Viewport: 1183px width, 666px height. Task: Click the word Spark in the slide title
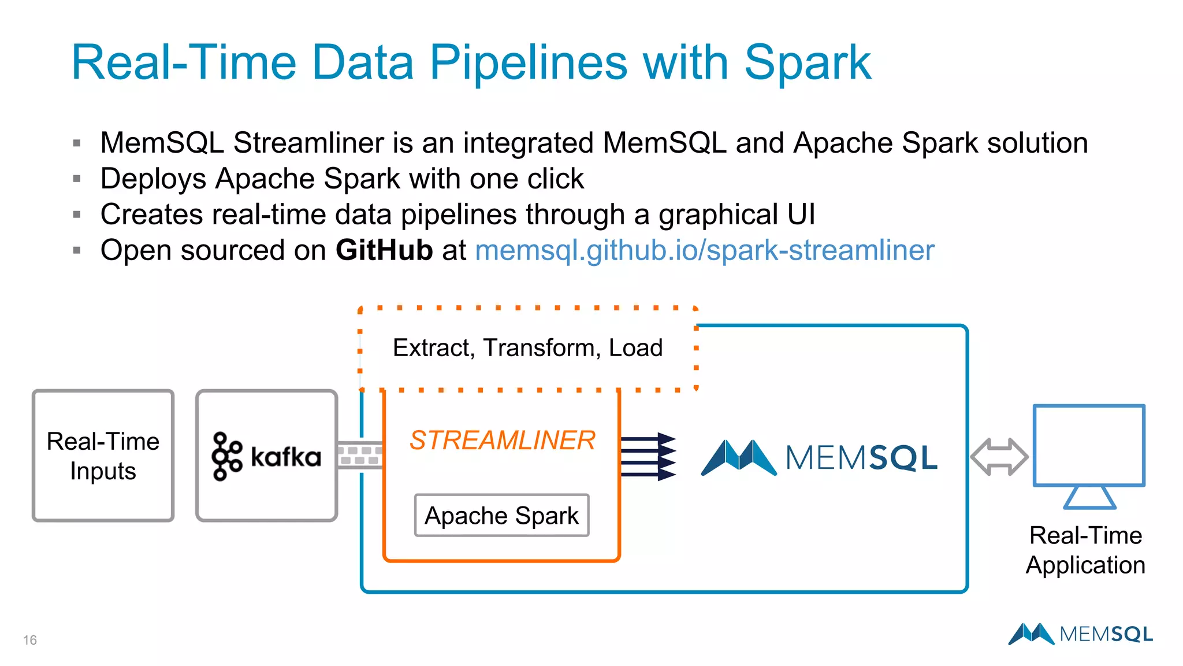(808, 64)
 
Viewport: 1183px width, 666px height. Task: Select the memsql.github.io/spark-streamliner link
(704, 251)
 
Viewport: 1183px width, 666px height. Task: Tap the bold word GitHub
(384, 251)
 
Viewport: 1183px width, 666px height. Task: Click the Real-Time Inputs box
(103, 456)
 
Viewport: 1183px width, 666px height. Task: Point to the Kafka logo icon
(226, 456)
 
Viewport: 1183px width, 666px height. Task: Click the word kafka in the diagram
(286, 457)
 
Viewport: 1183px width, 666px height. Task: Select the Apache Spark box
(501, 515)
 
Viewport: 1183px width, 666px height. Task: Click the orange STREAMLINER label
(502, 441)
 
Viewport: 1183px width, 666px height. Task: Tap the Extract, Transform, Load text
(527, 348)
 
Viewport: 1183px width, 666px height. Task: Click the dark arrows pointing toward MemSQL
(648, 457)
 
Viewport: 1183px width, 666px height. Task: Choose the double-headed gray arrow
(999, 457)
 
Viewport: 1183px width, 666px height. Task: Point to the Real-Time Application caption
(1085, 550)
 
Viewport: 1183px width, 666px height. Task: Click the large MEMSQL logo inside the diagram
(819, 457)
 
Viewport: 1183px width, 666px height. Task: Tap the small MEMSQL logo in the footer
(1080, 634)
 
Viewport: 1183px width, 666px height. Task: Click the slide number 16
(30, 640)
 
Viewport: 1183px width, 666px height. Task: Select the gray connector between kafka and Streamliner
(359, 455)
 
